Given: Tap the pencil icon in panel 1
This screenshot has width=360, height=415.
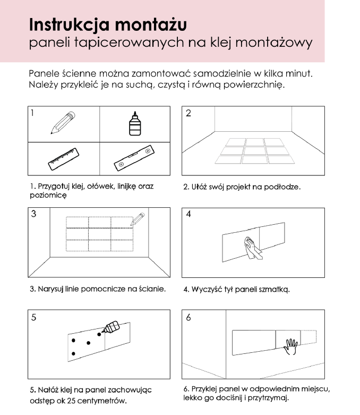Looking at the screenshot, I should [63, 123].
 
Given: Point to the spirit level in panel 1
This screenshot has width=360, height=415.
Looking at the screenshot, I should [134, 159].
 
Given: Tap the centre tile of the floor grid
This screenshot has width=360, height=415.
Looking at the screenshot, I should [254, 151].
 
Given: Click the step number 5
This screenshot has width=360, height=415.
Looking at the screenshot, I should [33, 318].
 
